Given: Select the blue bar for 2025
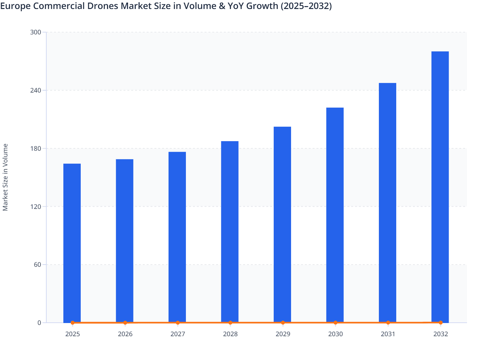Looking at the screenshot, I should point(72,243).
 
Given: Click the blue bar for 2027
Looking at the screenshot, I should point(177,237).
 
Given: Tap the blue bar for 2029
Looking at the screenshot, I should point(282,224).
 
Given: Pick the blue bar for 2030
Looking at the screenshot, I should point(335,215).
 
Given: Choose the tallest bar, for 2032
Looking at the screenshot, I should point(440,186).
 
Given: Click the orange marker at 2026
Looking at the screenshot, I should point(125,323).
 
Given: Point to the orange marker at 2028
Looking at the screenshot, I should point(230,323).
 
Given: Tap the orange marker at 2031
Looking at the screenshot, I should point(388,322).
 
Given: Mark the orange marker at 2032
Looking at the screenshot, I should point(441,322).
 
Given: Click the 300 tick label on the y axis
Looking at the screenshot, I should point(36,32).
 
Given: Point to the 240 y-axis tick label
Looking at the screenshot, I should point(36,90).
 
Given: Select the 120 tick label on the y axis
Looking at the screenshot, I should point(36,207).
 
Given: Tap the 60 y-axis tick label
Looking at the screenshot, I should point(37,265).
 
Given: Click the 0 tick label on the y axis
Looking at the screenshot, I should point(39,323).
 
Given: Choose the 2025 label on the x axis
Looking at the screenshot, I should point(72,334).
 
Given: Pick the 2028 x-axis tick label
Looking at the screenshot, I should point(230,334).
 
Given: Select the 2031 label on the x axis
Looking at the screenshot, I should point(388,334).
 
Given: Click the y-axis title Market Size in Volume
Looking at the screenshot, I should point(5,177).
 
